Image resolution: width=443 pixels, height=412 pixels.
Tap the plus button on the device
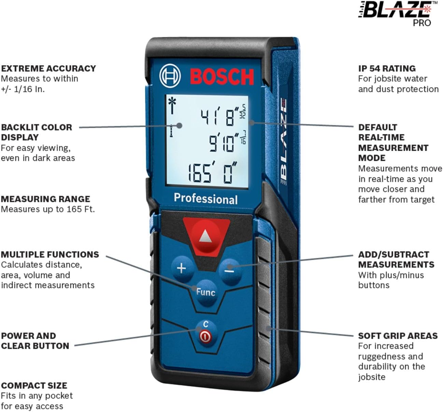click(182, 268)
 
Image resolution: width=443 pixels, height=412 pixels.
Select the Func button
click(206, 293)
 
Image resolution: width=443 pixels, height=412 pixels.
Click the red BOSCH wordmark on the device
click(222, 77)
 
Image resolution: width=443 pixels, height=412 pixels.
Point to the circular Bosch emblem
click(170, 76)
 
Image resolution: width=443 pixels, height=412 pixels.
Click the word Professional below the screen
click(206, 199)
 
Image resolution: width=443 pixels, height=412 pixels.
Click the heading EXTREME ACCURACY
click(48, 69)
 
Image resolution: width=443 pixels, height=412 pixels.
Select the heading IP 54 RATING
click(387, 69)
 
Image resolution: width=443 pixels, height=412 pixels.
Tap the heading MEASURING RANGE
click(45, 199)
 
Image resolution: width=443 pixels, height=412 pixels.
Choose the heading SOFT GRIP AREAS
click(398, 336)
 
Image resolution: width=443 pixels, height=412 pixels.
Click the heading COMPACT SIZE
click(34, 386)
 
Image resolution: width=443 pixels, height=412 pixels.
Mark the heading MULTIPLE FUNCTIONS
click(50, 255)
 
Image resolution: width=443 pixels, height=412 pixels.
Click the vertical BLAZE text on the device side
click(283, 141)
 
